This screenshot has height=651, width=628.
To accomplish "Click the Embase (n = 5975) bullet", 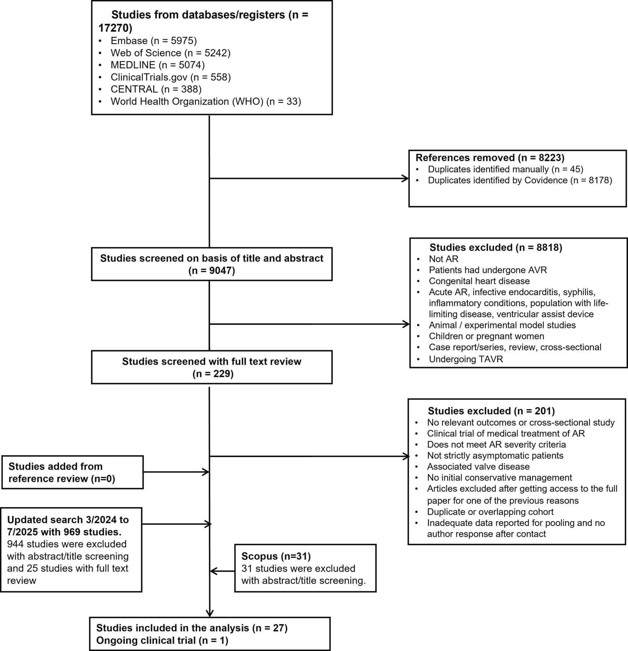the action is tap(153, 41).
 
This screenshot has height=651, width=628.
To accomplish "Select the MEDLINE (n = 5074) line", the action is tap(157, 65).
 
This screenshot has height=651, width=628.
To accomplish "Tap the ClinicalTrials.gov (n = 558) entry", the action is tap(170, 77).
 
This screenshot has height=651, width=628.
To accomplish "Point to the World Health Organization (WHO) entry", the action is tap(206, 101).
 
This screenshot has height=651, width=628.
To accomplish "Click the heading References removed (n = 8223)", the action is tap(490, 158).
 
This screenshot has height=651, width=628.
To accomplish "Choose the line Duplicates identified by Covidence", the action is tap(520, 180).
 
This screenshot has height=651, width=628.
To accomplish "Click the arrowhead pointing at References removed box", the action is tap(405, 178).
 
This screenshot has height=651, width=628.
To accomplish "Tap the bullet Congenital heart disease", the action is tap(479, 281).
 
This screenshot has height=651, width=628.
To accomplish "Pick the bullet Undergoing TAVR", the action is tap(466, 359).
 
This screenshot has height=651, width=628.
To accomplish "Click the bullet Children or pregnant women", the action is tap(486, 336).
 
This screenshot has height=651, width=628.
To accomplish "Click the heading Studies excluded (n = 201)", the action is tap(491, 411).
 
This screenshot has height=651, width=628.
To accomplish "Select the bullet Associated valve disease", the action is tap(478, 467).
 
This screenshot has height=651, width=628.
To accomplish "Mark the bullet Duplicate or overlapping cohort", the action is tap(490, 512).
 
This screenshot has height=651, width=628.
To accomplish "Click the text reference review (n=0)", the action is tap(62, 479).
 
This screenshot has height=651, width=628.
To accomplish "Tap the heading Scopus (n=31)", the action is tap(276, 556).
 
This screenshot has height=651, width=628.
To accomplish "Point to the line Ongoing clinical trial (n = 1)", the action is tap(162, 641).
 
